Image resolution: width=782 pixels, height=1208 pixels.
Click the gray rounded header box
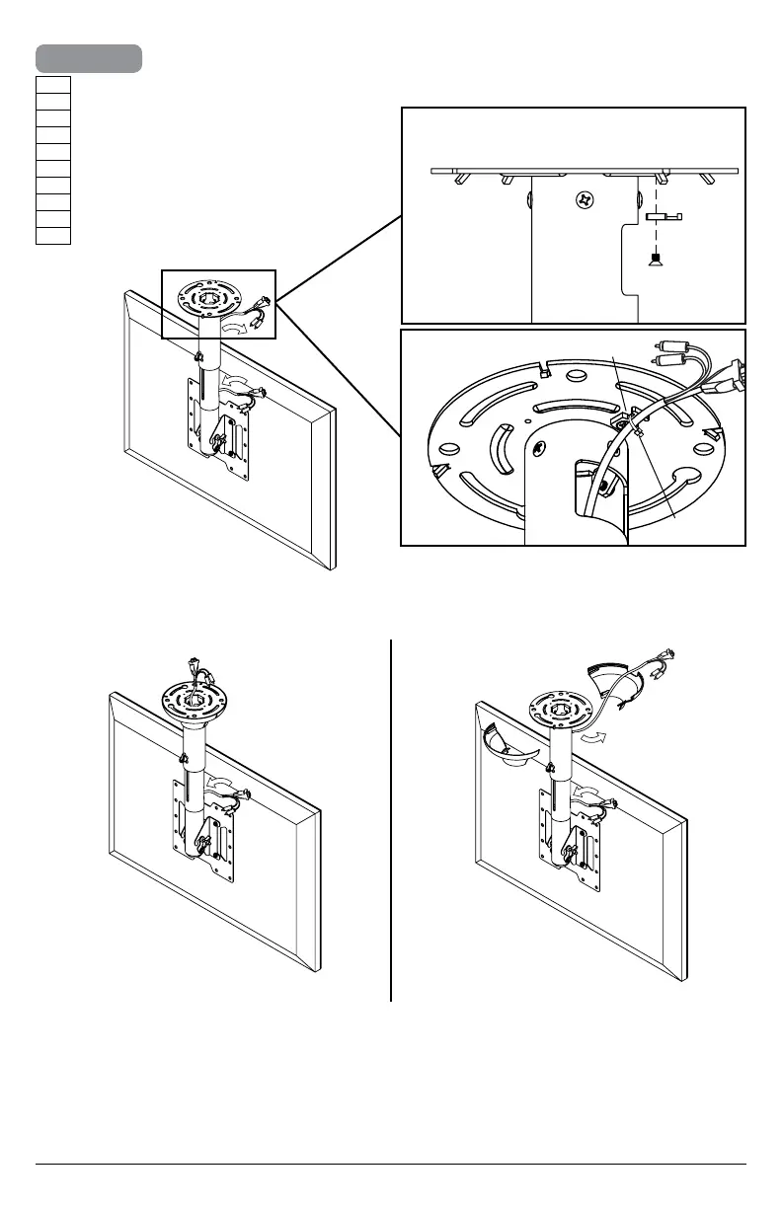coord(88,58)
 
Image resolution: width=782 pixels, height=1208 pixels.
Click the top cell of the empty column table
coord(52,84)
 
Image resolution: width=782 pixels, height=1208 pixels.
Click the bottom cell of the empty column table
coord(52,235)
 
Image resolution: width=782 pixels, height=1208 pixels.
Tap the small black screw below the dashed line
coord(653,261)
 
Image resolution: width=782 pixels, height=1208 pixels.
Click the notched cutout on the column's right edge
coord(624,259)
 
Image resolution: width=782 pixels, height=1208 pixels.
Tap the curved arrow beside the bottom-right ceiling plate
coord(592,739)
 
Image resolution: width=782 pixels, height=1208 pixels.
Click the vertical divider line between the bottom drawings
coord(392,819)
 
